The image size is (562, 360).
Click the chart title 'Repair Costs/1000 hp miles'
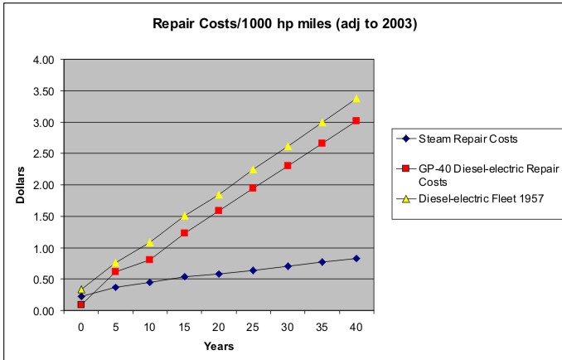(284, 24)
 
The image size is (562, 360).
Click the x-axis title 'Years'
(219, 345)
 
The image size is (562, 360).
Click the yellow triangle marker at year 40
(356, 99)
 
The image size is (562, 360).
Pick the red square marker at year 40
(356, 121)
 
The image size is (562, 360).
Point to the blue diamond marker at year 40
(356, 259)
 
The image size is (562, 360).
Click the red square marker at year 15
(184, 233)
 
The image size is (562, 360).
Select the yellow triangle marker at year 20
(219, 195)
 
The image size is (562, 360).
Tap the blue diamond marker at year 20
(219, 274)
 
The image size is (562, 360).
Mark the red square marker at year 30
(288, 166)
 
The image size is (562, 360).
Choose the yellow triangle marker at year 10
(150, 242)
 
